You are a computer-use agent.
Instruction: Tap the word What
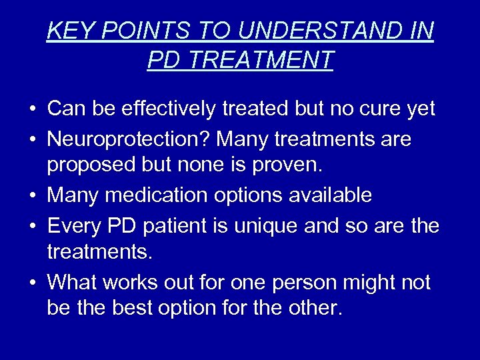point(73,282)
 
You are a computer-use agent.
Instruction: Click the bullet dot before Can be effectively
point(32,109)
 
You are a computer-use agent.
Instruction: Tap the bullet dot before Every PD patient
point(32,227)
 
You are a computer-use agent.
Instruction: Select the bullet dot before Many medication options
point(32,196)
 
